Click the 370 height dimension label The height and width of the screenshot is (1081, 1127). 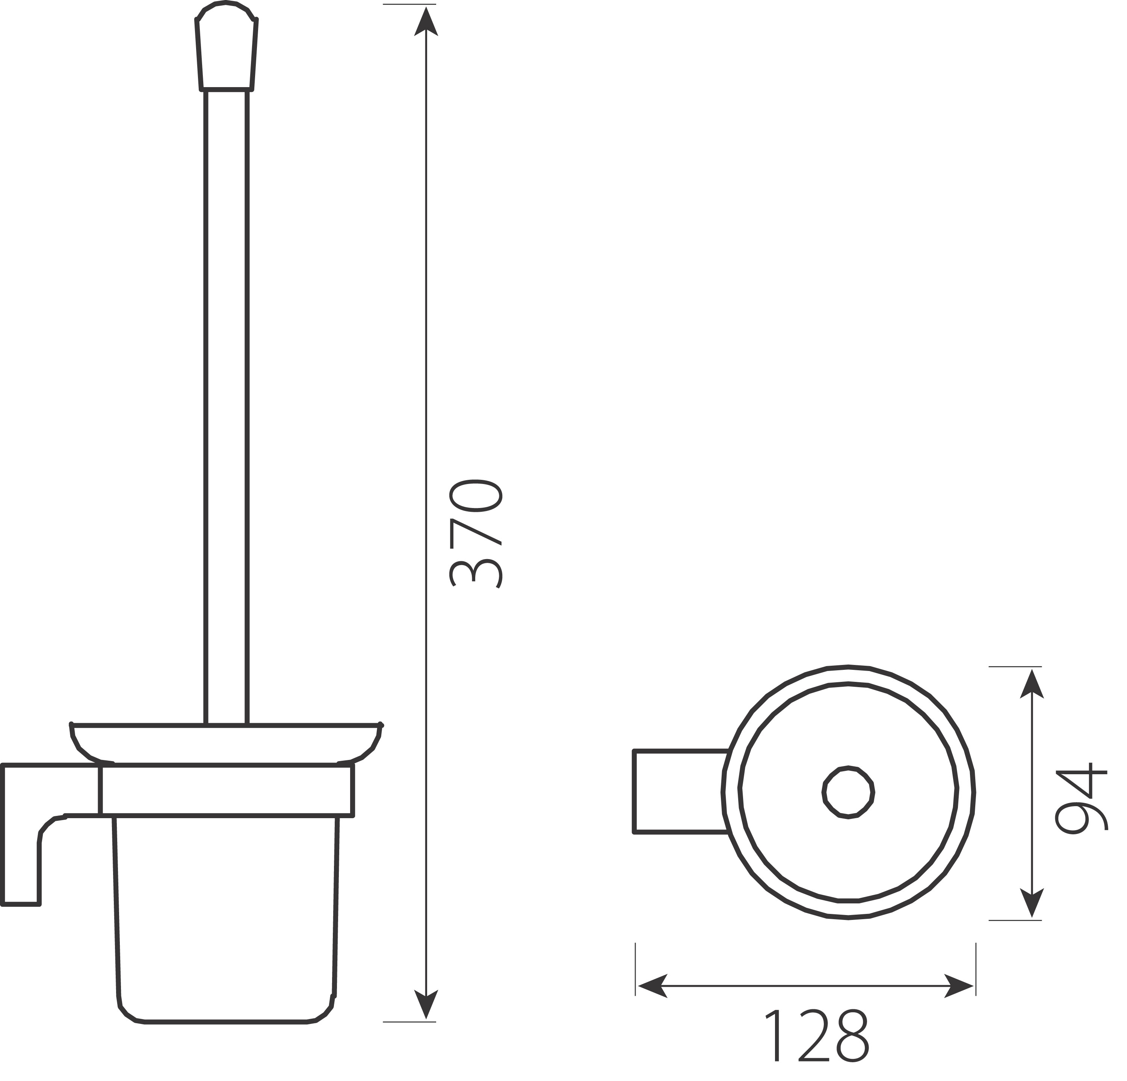coord(476,534)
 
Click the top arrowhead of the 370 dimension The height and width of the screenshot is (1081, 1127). coord(426,21)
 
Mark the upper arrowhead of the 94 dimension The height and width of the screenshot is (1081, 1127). coord(1032,684)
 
